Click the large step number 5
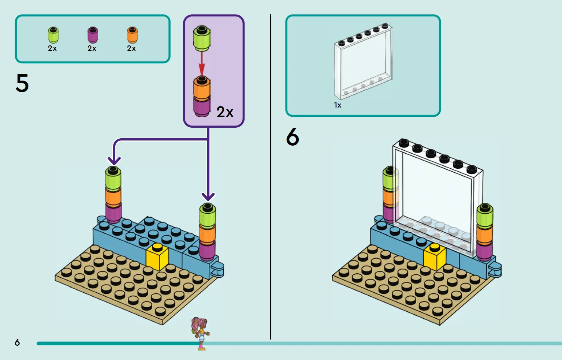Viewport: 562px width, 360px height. [22, 83]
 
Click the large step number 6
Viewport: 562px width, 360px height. [293, 136]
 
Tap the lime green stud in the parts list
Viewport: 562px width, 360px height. [53, 35]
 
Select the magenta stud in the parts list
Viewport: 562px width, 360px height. [93, 35]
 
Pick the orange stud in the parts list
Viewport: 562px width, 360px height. [132, 35]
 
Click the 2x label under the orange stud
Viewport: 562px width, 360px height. [131, 48]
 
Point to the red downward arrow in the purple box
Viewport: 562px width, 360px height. [202, 64]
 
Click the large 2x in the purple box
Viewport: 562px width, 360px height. [225, 112]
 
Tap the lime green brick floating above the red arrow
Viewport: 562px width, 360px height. [202, 38]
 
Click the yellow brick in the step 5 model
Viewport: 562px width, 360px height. [157, 256]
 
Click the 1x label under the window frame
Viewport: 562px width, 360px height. [338, 105]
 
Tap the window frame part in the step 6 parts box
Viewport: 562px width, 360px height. [363, 61]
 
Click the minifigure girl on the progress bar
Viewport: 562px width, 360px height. [200, 333]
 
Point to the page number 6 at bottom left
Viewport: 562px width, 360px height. [17, 342]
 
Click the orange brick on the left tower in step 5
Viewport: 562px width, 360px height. [113, 197]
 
